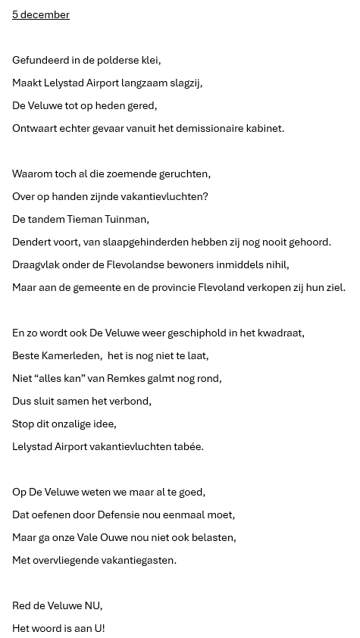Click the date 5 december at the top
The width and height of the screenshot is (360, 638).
(41, 14)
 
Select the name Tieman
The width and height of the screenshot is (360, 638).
(85, 219)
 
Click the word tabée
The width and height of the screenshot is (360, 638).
(188, 446)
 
